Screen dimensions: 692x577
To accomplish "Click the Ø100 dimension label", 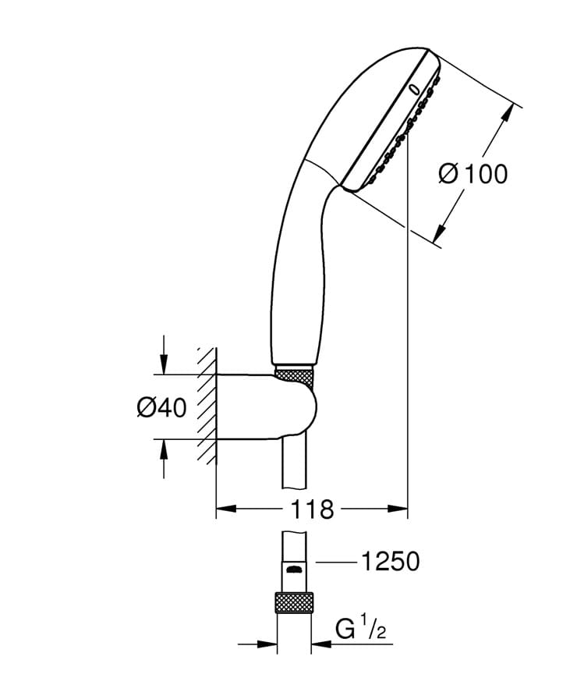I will click(473, 173).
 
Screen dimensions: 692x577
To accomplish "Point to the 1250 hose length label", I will click(389, 560).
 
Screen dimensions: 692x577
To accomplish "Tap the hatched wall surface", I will click(206, 406).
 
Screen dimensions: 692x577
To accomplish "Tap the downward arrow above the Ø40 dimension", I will click(163, 364).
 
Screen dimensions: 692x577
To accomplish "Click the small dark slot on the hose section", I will click(294, 570).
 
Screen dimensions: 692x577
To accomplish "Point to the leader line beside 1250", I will click(335, 560).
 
